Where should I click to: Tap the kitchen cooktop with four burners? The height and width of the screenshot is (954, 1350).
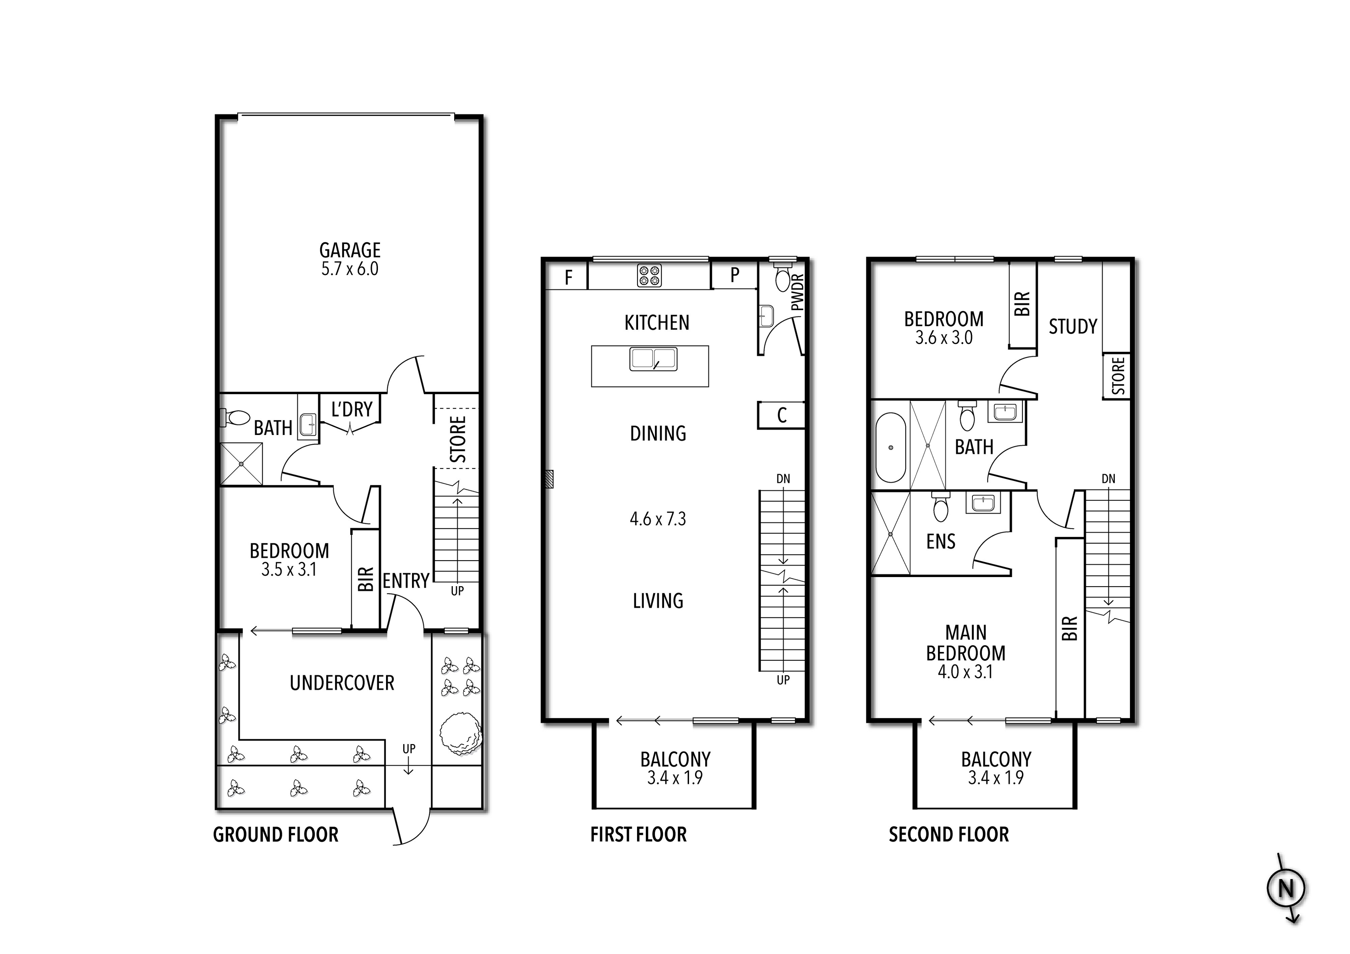point(649,276)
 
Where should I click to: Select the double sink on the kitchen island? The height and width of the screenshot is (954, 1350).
point(653,359)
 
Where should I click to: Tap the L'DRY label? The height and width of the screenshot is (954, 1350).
point(352,409)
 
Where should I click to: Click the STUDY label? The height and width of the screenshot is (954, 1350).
point(1073,326)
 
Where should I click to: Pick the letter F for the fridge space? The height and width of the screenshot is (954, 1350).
point(568,277)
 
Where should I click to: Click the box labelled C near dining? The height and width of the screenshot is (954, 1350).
point(782,415)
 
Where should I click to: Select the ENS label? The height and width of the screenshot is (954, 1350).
point(941,541)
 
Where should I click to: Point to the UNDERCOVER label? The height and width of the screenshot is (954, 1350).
point(342,683)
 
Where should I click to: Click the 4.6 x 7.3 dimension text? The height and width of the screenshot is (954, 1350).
point(657,519)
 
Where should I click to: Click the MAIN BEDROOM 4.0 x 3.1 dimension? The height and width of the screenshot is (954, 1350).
point(965,672)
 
